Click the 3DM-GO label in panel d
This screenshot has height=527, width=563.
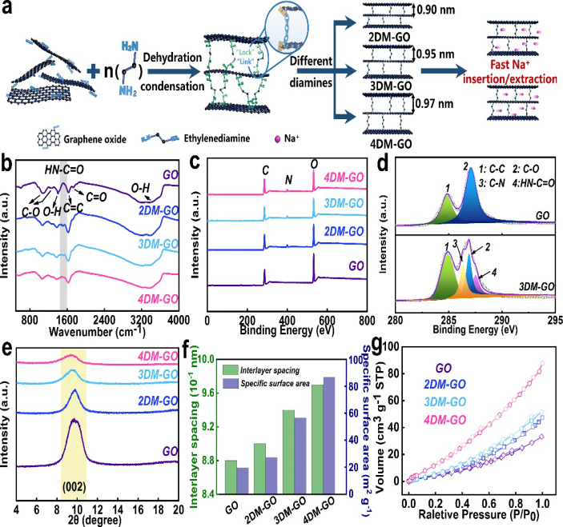point(527,284)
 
